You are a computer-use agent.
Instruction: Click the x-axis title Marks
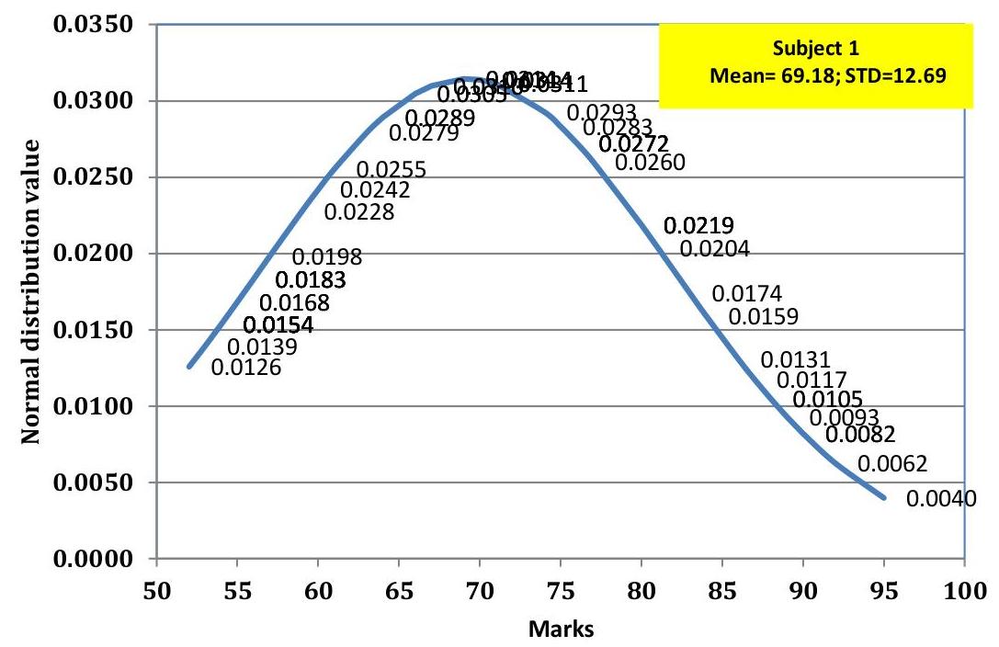(x=561, y=629)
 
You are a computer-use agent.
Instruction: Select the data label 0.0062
(x=891, y=463)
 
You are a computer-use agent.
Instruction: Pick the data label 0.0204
(x=715, y=248)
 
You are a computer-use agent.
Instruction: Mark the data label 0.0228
(x=359, y=212)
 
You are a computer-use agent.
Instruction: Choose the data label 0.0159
(x=763, y=317)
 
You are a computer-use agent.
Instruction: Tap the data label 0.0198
(x=327, y=257)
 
